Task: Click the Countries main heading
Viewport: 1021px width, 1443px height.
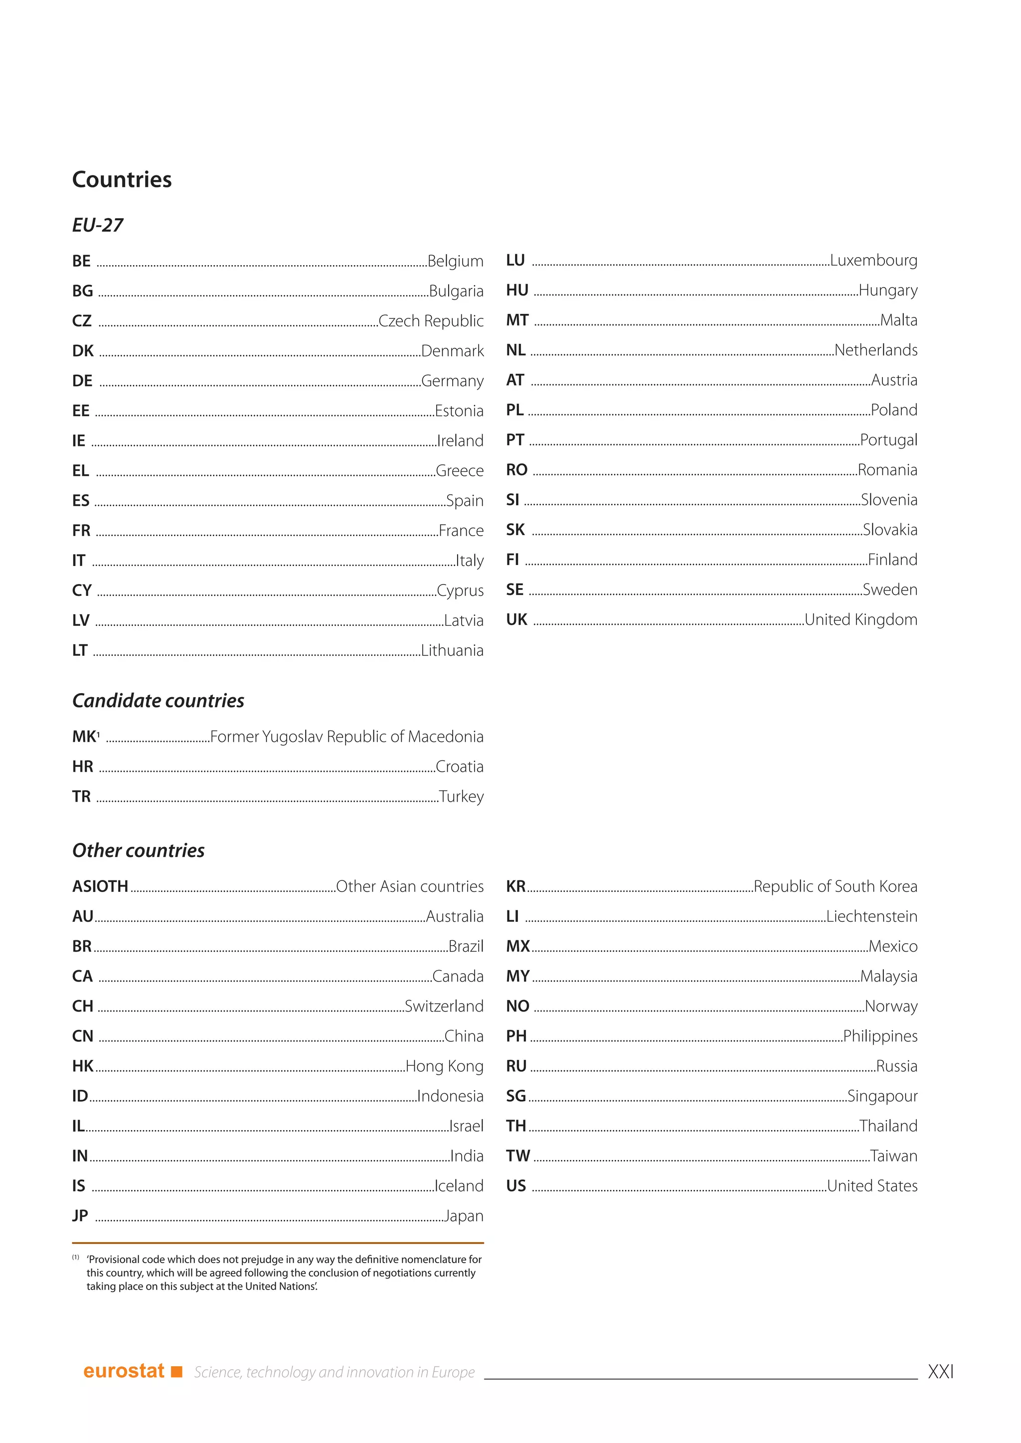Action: tap(122, 180)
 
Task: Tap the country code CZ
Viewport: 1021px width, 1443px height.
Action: tap(82, 321)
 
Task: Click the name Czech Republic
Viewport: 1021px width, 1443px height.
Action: tap(431, 321)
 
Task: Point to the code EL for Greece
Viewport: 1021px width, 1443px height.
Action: tap(80, 471)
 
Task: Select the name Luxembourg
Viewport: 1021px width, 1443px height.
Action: tap(873, 260)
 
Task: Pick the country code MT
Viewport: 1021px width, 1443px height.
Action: tap(517, 320)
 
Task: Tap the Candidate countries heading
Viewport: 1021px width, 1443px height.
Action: tap(159, 701)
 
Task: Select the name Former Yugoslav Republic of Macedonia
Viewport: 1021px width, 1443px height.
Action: tap(346, 736)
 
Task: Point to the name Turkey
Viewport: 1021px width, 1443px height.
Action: tap(462, 797)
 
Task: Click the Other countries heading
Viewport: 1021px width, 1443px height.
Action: tap(138, 851)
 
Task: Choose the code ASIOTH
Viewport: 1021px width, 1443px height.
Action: tap(100, 887)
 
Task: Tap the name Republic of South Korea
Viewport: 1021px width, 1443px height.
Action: tap(836, 887)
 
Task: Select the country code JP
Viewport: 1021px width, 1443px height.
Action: tap(80, 1216)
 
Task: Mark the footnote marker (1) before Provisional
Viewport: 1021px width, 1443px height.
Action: tap(75, 1258)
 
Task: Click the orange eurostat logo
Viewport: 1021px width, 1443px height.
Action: tap(133, 1371)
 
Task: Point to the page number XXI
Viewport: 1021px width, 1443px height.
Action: tap(941, 1372)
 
